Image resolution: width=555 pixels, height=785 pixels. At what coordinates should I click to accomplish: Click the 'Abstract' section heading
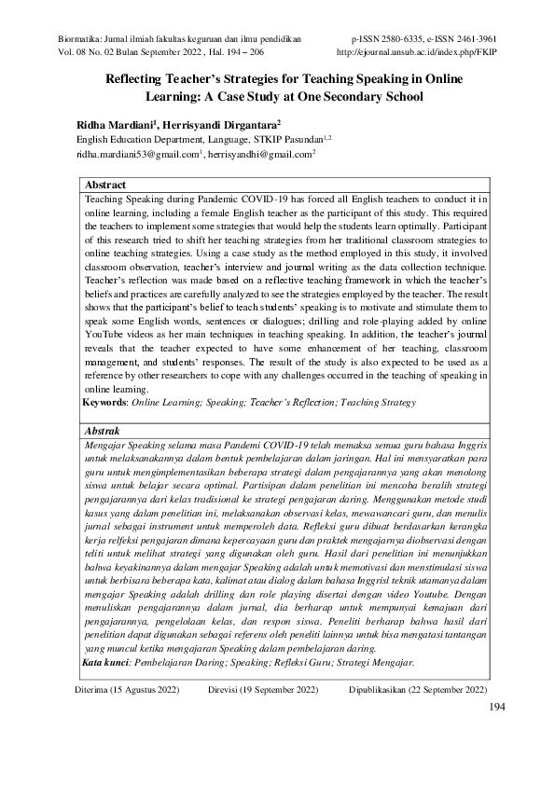pos(105,186)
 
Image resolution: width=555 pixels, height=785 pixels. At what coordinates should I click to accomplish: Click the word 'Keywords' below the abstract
pos(104,402)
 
